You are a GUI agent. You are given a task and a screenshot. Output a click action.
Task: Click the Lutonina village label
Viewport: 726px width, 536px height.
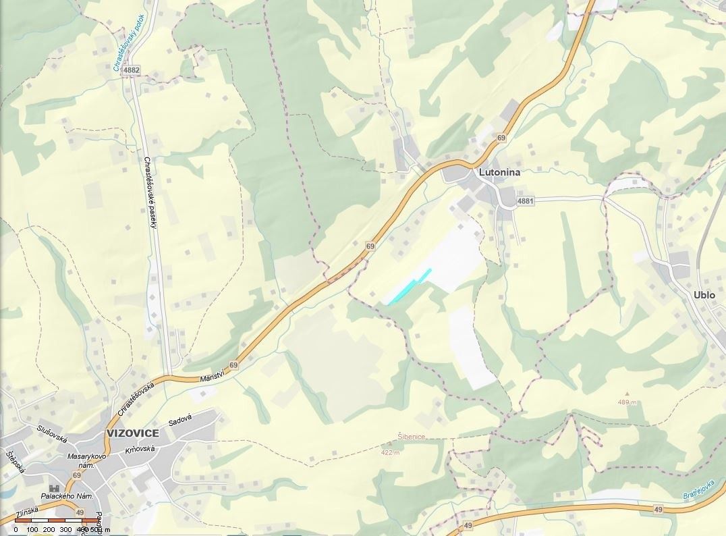click(x=500, y=172)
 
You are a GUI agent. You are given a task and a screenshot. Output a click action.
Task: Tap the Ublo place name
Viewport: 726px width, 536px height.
click(x=704, y=295)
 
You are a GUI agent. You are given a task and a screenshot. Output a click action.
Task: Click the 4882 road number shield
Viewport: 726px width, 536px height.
click(x=132, y=70)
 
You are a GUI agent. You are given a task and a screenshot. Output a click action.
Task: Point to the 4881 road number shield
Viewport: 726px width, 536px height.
click(x=525, y=201)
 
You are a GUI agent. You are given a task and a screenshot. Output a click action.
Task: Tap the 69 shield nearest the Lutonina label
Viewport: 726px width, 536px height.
click(x=501, y=138)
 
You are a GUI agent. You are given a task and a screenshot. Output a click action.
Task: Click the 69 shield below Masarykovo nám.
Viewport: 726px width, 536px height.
click(x=77, y=475)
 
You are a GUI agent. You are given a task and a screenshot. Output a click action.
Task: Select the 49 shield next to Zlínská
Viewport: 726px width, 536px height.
click(x=80, y=514)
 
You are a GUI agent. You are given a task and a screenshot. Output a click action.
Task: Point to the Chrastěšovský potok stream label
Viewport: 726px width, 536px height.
click(x=128, y=42)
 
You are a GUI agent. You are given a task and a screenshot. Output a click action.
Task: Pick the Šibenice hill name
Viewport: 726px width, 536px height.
click(x=411, y=437)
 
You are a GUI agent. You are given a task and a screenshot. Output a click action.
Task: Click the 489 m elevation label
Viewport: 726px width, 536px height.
click(x=627, y=402)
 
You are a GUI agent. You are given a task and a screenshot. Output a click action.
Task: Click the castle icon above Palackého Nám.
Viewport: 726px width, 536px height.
click(x=53, y=487)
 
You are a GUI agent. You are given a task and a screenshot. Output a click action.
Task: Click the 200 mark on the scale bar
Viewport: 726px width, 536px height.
click(x=49, y=530)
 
